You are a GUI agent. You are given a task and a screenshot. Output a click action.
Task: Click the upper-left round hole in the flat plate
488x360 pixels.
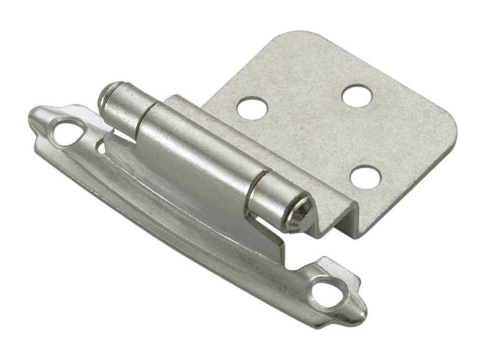click(252, 107)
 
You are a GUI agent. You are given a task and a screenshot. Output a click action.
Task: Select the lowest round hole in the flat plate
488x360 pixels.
click(365, 177)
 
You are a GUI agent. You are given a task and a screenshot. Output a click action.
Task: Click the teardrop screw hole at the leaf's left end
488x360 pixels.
click(67, 132)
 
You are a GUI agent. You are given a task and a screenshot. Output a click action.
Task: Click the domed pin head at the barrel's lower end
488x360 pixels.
click(301, 212)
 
